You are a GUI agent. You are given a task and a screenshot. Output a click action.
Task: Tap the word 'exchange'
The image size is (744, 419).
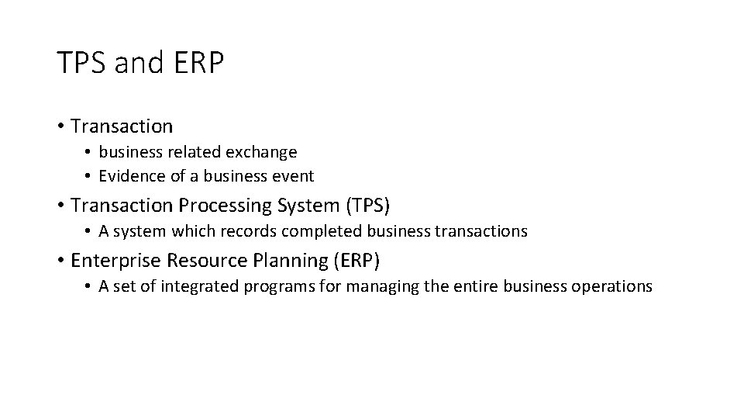click(x=266, y=152)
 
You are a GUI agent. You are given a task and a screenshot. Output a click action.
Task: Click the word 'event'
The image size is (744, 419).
click(x=294, y=176)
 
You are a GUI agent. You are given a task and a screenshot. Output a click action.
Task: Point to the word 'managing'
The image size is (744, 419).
click(x=380, y=286)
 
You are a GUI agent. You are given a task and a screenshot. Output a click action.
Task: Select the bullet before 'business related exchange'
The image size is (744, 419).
click(x=89, y=152)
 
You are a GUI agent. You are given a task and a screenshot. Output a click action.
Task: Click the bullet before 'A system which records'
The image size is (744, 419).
click(x=89, y=231)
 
